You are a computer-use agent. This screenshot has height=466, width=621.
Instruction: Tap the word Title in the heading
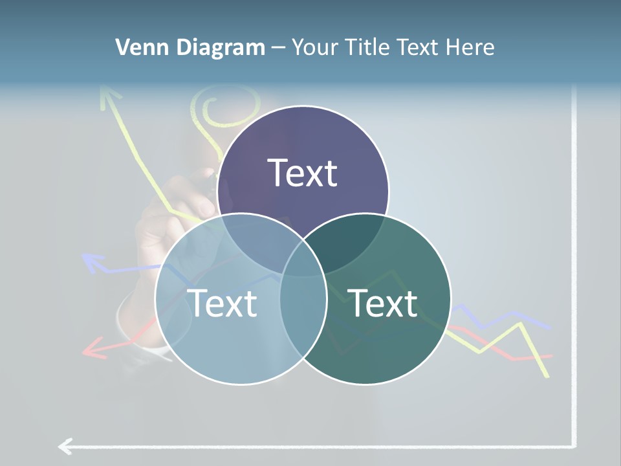coord(369,47)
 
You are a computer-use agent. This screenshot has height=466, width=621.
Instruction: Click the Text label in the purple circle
coord(303,173)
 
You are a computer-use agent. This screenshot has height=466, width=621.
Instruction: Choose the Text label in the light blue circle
coord(222,303)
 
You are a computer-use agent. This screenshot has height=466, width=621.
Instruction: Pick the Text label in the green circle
coord(382,303)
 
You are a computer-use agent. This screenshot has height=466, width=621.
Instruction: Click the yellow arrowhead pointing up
coord(110,97)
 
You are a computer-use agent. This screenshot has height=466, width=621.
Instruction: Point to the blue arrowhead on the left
coord(93,262)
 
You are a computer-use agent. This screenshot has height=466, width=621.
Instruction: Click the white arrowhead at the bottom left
coord(65,446)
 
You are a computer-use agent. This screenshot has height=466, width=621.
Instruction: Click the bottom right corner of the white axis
coord(573,445)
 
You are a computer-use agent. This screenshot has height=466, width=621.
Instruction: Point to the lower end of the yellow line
coord(547,375)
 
